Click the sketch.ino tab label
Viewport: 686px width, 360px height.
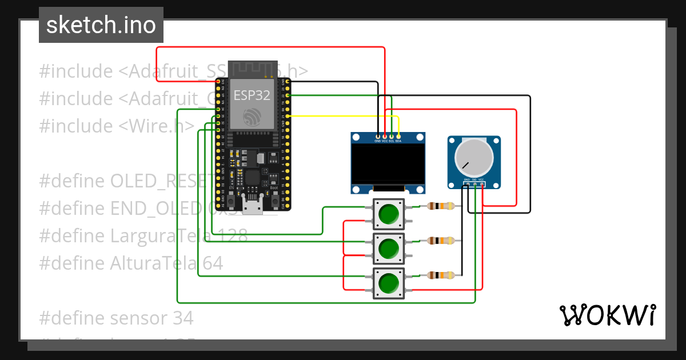[101, 25]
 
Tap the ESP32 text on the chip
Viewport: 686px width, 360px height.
[252, 94]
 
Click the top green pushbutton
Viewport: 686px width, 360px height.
[389, 214]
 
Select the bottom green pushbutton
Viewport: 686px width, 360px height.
[389, 283]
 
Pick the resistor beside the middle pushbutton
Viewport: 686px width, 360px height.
[441, 241]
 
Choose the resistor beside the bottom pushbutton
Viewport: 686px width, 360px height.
[441, 275]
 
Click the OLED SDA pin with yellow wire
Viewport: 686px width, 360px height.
[398, 137]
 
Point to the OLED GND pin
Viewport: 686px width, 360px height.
[377, 137]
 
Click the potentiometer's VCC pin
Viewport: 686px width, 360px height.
[482, 183]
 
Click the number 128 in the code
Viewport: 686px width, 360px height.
[230, 235]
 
